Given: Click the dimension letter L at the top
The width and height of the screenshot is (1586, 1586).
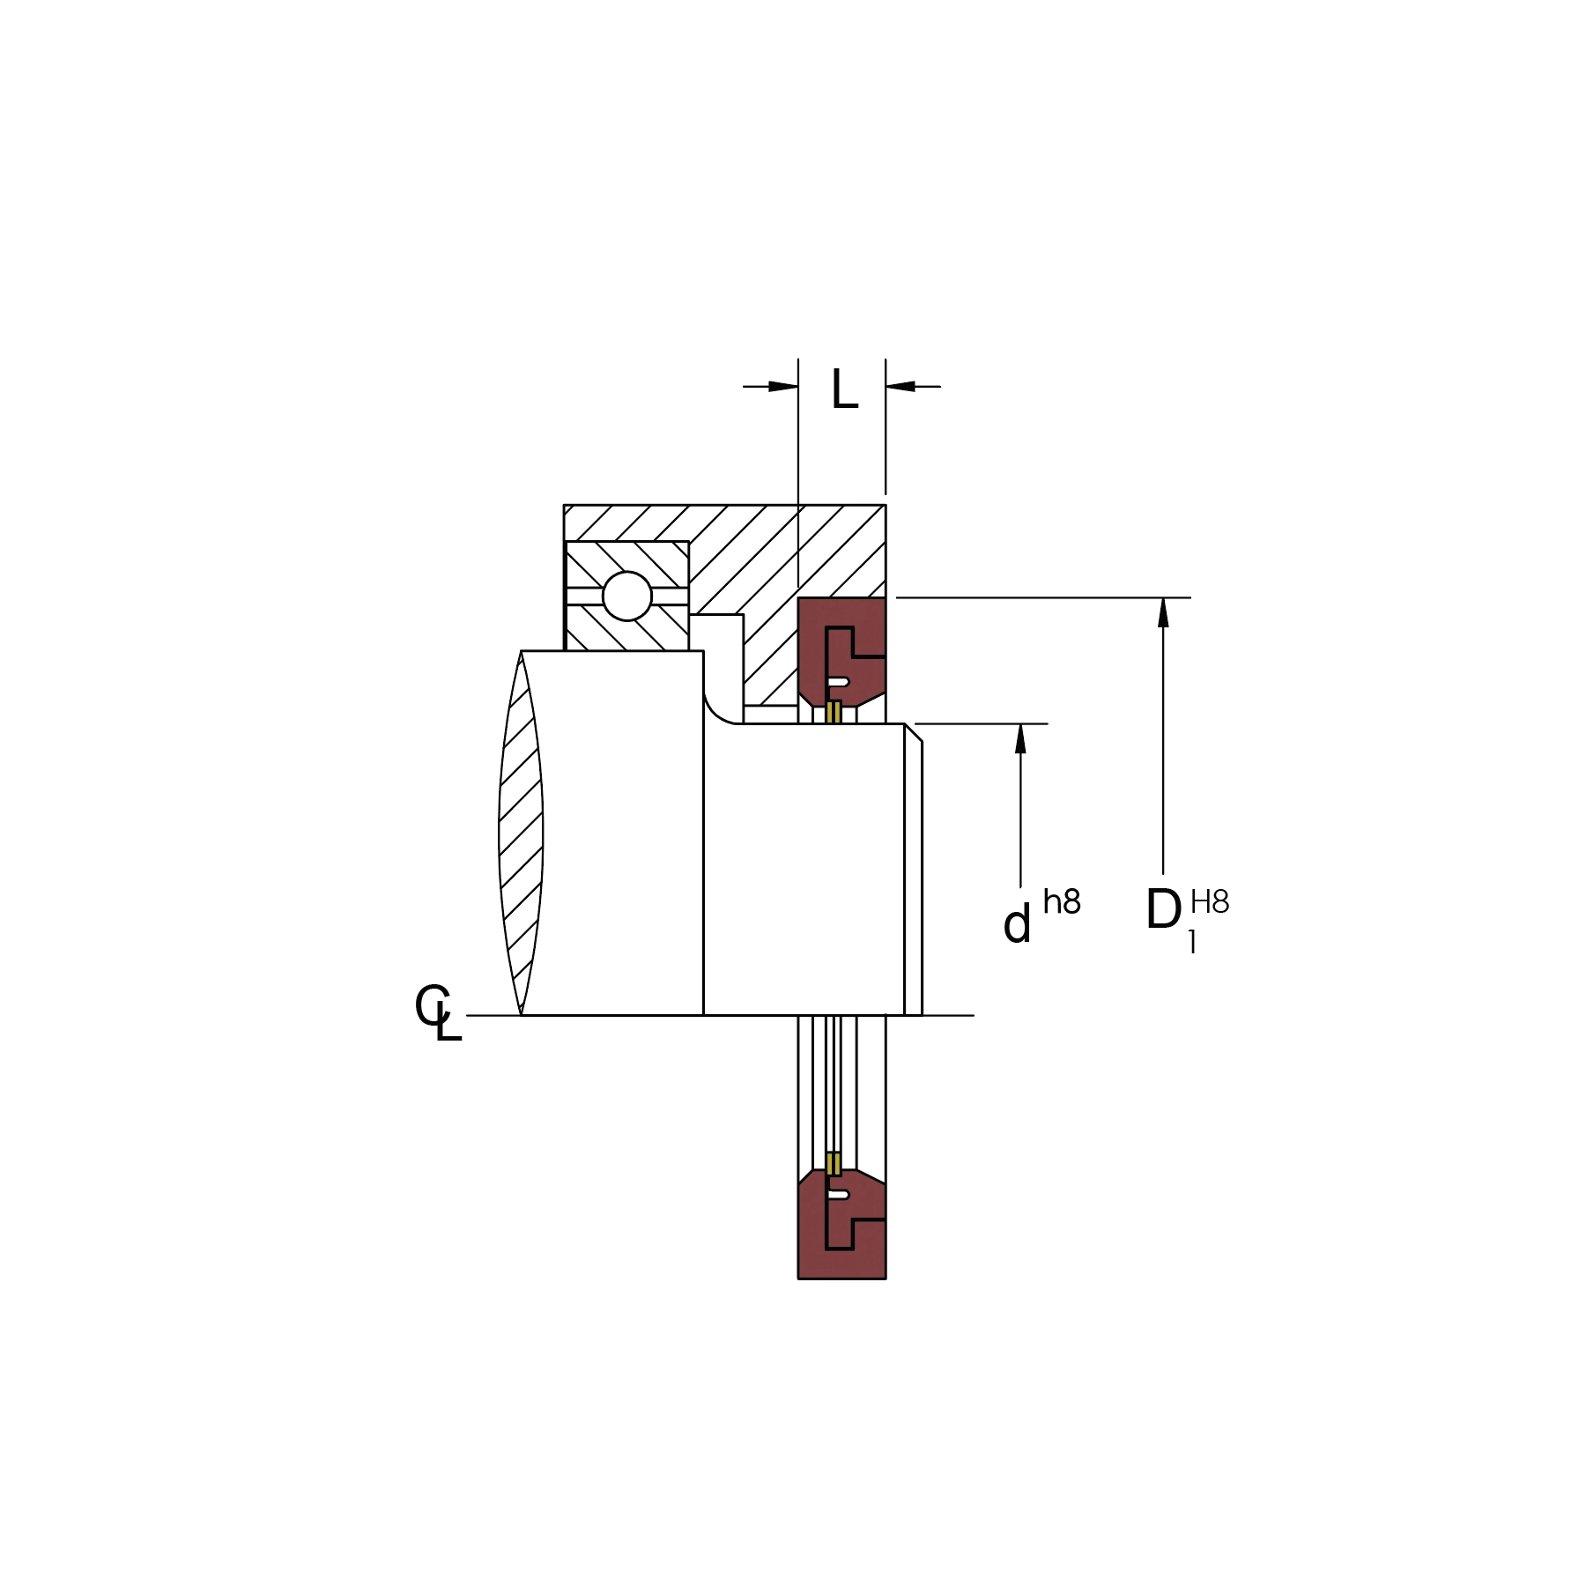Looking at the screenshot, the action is [844, 389].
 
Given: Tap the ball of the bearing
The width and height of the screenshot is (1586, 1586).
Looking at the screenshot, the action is [626, 596].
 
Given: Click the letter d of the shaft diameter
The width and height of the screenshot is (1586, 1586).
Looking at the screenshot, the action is [1017, 924].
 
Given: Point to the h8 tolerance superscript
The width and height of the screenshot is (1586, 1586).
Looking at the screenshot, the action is [1062, 901].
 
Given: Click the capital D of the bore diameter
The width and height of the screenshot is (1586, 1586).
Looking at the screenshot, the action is [1163, 909].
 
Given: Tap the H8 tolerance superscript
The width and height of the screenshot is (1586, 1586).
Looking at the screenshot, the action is [1210, 901].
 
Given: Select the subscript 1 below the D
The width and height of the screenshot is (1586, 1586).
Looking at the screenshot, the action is [1192, 942].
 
